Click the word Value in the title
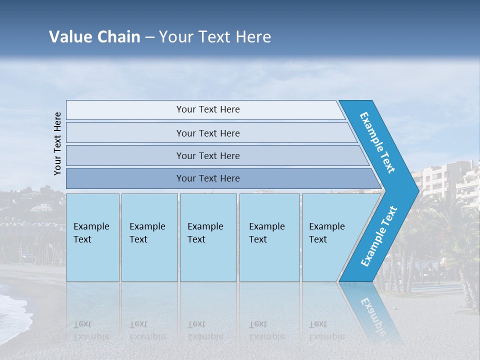click(x=69, y=37)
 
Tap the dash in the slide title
click(x=149, y=37)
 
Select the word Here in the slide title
click(x=252, y=37)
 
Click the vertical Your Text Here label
click(x=58, y=143)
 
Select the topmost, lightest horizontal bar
click(x=205, y=109)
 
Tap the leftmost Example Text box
click(x=92, y=237)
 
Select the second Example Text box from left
click(x=149, y=237)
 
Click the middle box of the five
click(x=208, y=237)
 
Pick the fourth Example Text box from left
click(x=269, y=237)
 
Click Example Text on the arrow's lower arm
click(x=379, y=236)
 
